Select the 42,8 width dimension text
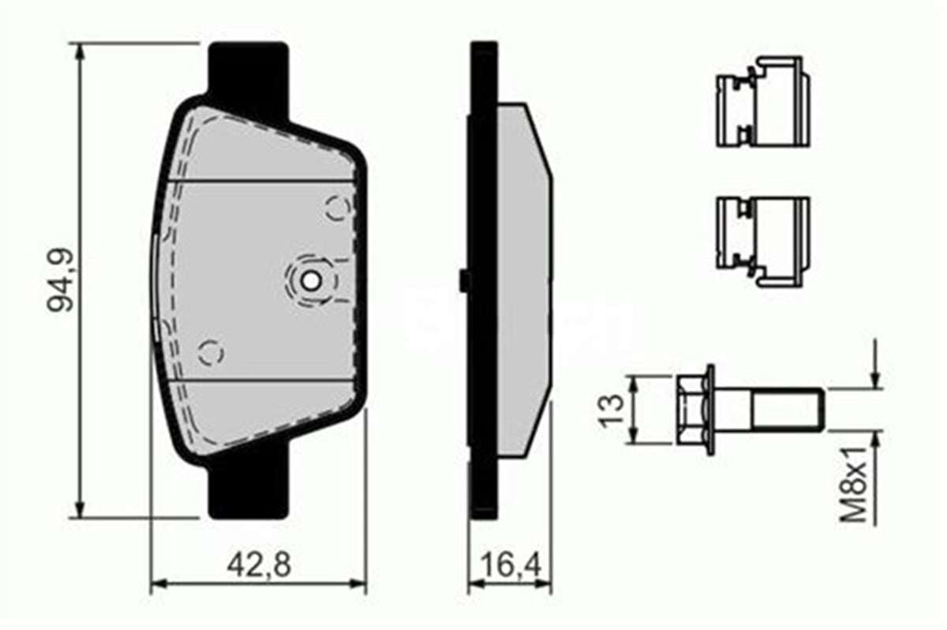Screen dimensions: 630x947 [259, 564]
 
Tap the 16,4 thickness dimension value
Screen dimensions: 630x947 [510, 564]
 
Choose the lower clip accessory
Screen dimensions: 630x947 [762, 241]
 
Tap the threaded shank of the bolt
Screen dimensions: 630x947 [785, 410]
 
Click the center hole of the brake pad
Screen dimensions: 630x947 [312, 279]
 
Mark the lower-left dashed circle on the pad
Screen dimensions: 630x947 [211, 352]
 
